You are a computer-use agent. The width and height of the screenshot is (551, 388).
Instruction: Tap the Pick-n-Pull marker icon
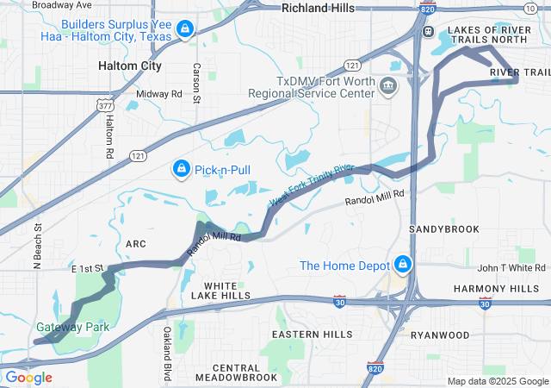pyautogui.click(x=182, y=170)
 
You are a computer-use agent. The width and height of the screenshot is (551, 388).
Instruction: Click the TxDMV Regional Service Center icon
pyautogui.click(x=387, y=85)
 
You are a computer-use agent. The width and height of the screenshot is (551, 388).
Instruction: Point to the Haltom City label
pyautogui.click(x=129, y=66)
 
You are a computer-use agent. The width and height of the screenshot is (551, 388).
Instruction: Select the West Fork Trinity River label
pyautogui.click(x=312, y=184)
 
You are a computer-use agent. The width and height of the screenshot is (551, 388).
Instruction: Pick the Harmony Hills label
pyautogui.click(x=508, y=288)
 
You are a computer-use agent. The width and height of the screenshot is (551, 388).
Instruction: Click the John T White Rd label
pyautogui.click(x=507, y=268)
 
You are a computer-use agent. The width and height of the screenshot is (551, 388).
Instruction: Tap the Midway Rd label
pyautogui.click(x=159, y=93)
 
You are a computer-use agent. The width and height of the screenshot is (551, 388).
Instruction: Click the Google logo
pyautogui.click(x=28, y=378)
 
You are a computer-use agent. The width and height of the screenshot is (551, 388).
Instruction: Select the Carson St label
pyautogui.click(x=196, y=83)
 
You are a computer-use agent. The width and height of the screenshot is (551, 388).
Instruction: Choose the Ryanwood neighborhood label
pyautogui.click(x=440, y=335)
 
